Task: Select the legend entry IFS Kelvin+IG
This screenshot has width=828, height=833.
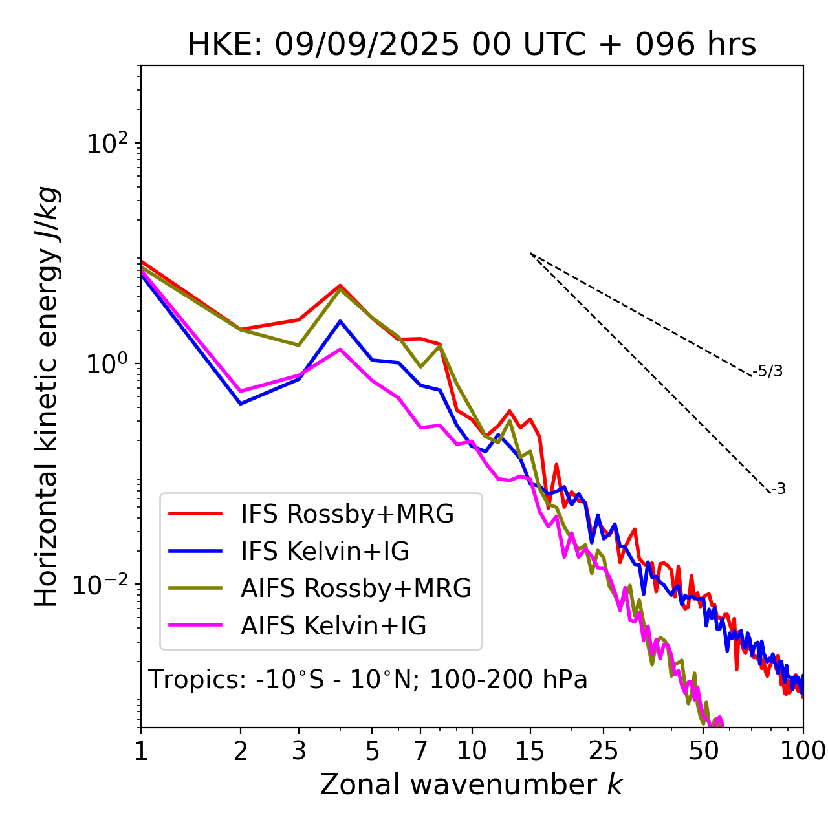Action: click(x=325, y=552)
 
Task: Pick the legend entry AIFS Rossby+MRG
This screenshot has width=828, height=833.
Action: click(x=356, y=589)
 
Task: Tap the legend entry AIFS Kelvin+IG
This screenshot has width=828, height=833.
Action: click(x=333, y=626)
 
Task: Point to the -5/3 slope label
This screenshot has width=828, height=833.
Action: click(x=768, y=372)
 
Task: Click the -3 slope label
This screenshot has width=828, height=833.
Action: click(x=778, y=490)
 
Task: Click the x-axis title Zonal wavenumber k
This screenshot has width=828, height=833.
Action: click(x=472, y=785)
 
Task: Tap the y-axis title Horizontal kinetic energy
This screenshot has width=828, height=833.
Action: click(x=47, y=396)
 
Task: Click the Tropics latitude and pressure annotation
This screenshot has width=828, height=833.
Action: click(x=368, y=680)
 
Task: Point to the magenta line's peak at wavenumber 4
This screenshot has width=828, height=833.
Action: click(x=340, y=349)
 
